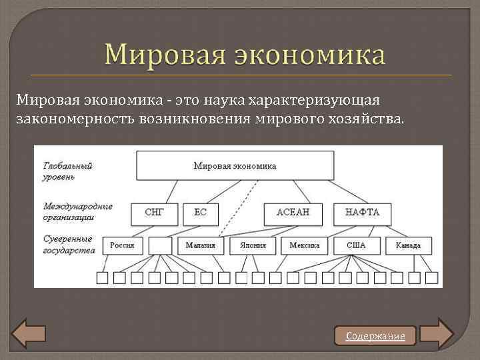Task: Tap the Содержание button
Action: (375, 336)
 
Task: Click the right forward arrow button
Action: (437, 333)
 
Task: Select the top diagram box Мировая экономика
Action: (235, 166)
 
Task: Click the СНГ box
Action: (155, 213)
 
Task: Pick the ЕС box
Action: (201, 213)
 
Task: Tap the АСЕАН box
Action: (291, 213)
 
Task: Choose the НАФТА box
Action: (362, 213)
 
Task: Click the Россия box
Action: (123, 245)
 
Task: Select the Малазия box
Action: (201, 245)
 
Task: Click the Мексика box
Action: (304, 245)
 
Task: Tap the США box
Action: (356, 245)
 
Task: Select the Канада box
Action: (408, 245)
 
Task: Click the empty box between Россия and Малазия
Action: (161, 245)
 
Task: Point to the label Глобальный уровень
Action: (68, 171)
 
